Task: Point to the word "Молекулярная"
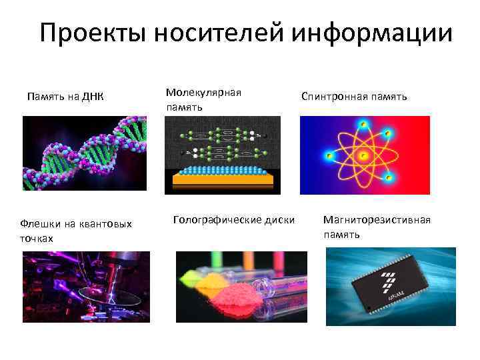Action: (x=203, y=93)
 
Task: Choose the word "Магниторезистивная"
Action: (x=377, y=220)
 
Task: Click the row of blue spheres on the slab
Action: (x=223, y=169)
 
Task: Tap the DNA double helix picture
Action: (x=84, y=153)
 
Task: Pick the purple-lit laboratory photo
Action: (x=86, y=287)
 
